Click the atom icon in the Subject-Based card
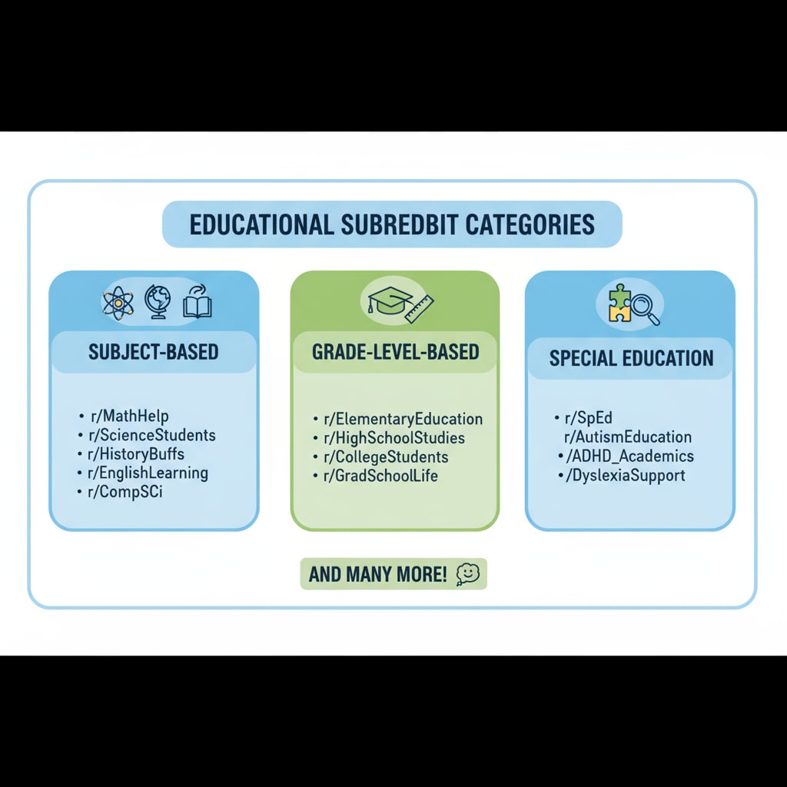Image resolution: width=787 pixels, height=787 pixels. click(118, 304)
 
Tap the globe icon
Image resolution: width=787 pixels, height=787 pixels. click(158, 303)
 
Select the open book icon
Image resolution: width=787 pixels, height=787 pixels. click(198, 303)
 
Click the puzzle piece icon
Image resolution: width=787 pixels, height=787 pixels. click(619, 302)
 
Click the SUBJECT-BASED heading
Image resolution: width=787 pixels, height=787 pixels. click(154, 352)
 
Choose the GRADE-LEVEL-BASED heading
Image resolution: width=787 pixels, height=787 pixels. click(395, 352)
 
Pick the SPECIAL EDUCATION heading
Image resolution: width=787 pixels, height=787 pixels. click(631, 358)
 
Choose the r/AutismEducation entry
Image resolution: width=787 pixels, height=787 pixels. click(627, 437)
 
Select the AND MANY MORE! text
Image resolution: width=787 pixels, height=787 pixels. click(377, 574)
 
